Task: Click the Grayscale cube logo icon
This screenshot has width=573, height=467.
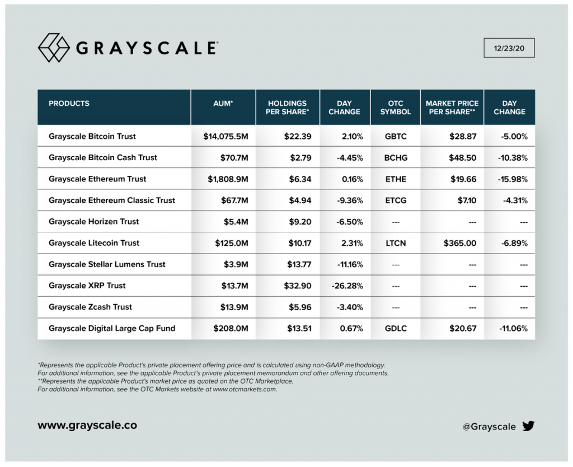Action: (53, 48)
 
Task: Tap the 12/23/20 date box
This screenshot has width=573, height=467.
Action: (509, 48)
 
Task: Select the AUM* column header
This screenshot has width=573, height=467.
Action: (223, 104)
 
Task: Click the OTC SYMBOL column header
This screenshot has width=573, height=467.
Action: (396, 108)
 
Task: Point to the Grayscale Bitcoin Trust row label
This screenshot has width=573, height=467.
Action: (92, 136)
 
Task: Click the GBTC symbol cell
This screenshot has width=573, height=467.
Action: (396, 136)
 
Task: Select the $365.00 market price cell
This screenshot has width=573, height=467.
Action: (460, 243)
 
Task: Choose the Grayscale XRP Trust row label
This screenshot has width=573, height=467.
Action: (87, 286)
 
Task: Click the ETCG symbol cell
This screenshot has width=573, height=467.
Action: (396, 200)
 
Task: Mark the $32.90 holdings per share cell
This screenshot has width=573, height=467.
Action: (297, 286)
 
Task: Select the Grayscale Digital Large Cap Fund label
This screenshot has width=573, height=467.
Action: (112, 328)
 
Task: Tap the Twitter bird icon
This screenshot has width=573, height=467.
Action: (528, 426)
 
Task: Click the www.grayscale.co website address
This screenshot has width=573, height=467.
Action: (87, 425)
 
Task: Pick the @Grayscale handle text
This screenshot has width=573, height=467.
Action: (489, 427)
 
